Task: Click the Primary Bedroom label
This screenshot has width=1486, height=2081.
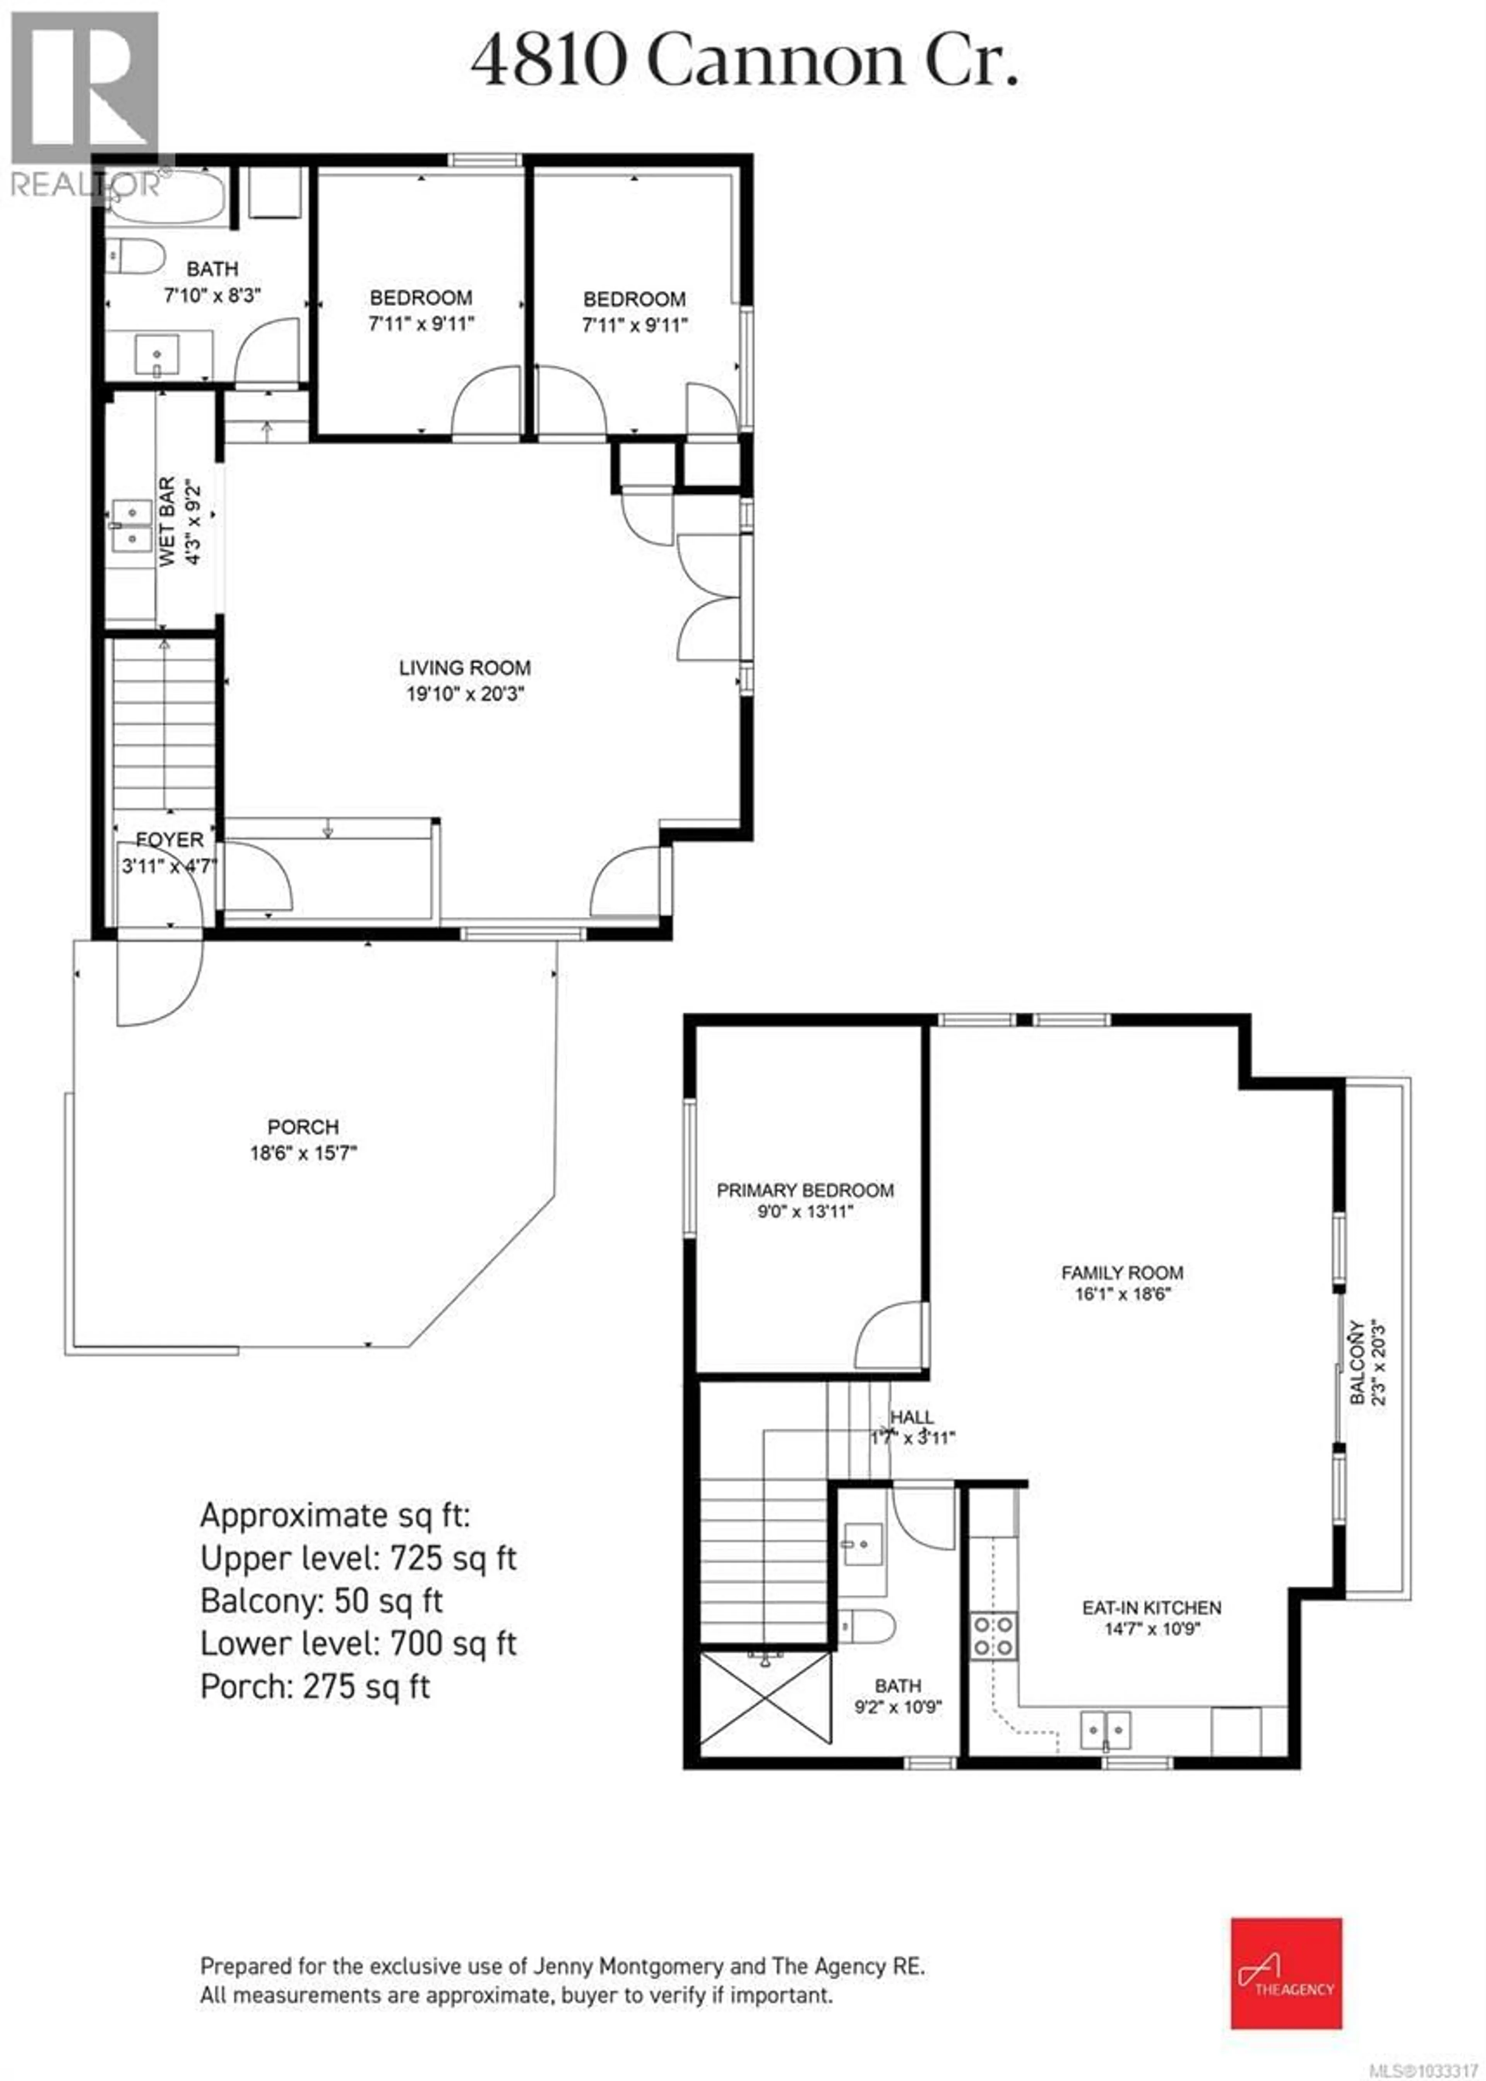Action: click(805, 1190)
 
